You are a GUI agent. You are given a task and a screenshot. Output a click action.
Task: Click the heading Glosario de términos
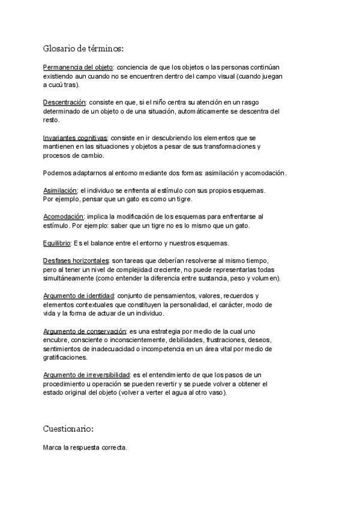point(83,48)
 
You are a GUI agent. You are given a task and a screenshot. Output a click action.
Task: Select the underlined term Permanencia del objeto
point(78,67)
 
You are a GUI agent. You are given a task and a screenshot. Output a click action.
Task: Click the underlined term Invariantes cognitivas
point(76,137)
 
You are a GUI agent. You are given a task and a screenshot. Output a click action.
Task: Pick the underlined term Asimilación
point(61,190)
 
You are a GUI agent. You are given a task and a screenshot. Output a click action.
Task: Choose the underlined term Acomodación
point(63,216)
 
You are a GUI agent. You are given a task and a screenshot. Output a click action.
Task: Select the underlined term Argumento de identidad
point(79,296)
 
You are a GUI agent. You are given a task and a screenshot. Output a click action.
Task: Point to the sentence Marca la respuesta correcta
point(85,448)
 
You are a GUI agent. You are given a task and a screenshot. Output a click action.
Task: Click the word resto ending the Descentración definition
point(51,120)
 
